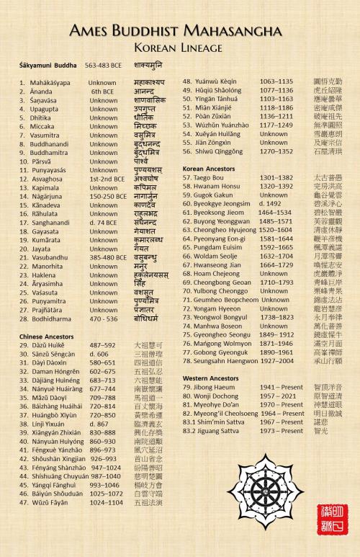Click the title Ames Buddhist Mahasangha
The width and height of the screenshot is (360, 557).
coord(180,30)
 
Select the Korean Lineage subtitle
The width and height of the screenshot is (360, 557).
coord(180,48)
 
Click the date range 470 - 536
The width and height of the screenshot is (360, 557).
coord(104,318)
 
